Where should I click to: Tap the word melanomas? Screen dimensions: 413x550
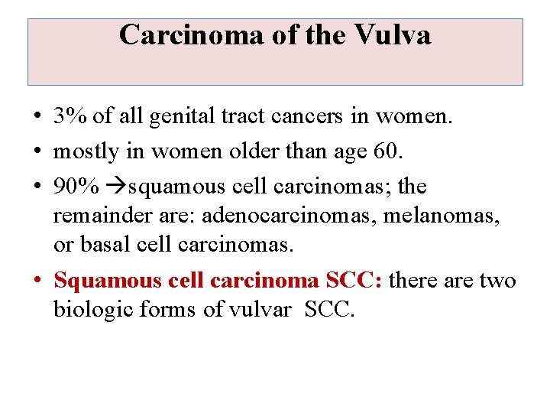click(x=442, y=216)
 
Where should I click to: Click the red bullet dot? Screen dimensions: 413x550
click(x=37, y=281)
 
